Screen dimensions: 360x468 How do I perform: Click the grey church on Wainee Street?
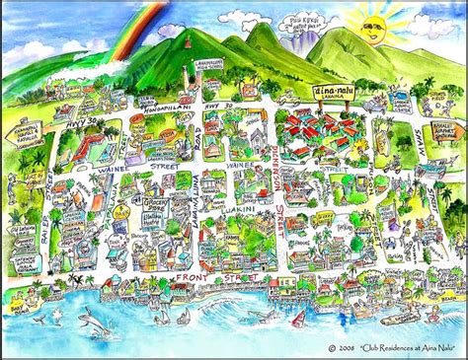pos(97,148)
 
